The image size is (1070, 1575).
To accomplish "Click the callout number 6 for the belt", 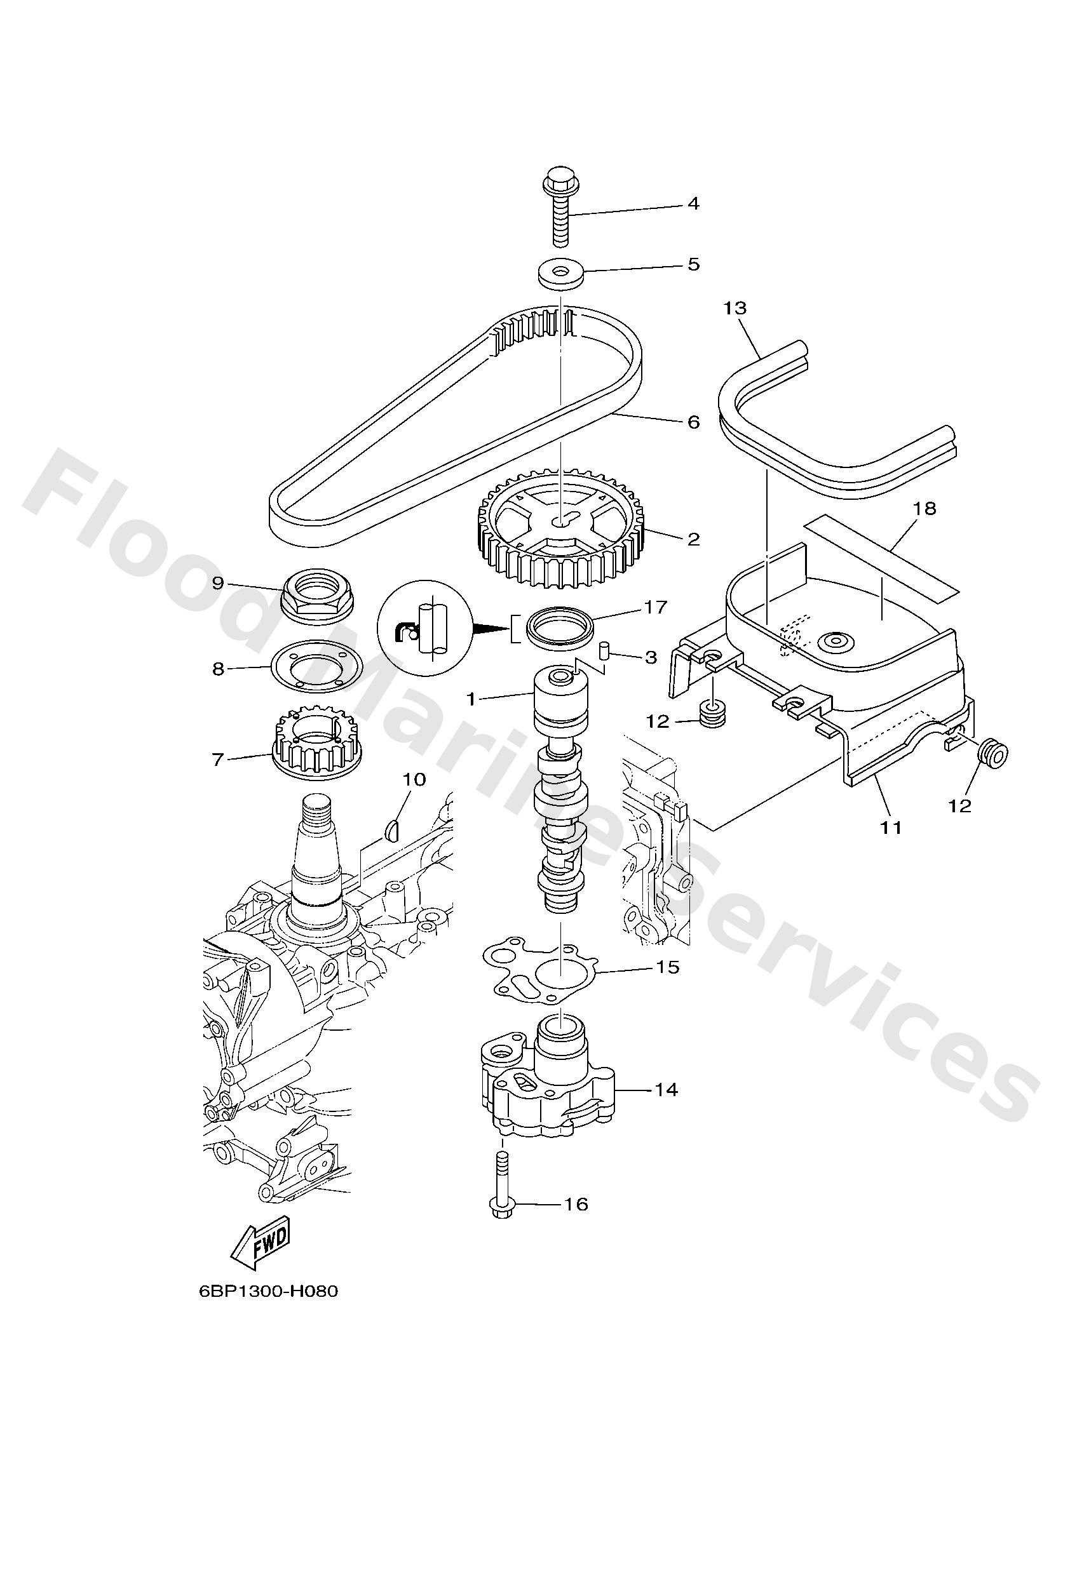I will click(x=693, y=422).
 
